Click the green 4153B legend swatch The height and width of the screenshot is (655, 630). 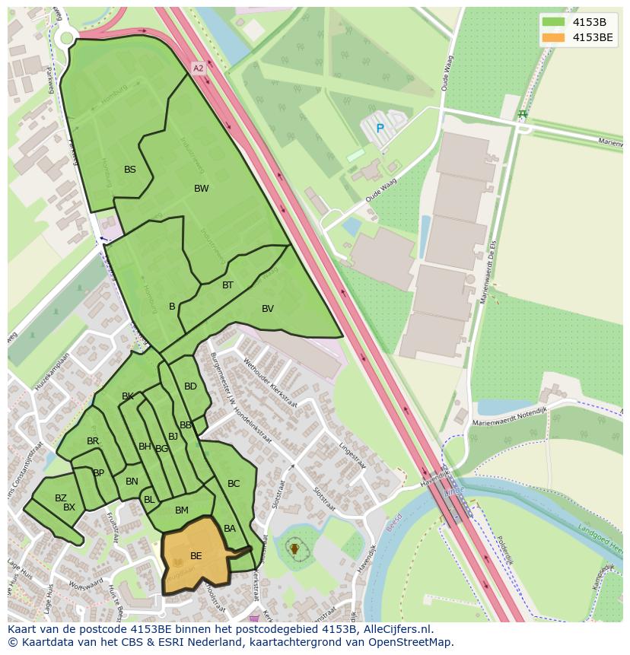point(553,21)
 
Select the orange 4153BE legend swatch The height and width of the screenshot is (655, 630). point(553,37)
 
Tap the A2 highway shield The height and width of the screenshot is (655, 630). point(199,68)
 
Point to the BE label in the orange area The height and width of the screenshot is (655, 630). point(196,556)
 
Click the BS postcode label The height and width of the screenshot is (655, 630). point(130,170)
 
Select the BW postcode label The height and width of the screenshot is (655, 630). point(201,189)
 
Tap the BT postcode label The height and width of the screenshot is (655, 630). point(228,285)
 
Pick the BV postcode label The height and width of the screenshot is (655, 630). point(268,309)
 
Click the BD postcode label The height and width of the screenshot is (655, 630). point(190,386)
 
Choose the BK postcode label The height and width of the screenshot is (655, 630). point(128,396)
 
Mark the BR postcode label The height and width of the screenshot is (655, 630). point(93,441)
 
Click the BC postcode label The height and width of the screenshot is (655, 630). point(234,484)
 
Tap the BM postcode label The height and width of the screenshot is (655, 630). point(182,510)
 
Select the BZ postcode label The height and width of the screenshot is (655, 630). point(61,498)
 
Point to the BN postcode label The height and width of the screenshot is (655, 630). point(132,482)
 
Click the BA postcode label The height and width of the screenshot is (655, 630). point(230,529)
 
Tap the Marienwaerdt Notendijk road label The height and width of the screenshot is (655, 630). point(510,421)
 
